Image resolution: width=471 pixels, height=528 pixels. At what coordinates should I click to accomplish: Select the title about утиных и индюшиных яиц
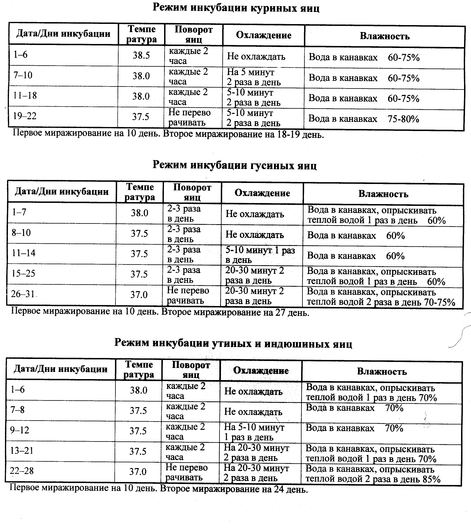pos(233,343)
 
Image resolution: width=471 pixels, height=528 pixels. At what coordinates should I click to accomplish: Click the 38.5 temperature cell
pos(141,55)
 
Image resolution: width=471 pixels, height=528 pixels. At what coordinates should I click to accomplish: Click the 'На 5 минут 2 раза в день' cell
pos(254,77)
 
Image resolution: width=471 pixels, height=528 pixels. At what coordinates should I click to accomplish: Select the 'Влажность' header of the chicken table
pos(384,36)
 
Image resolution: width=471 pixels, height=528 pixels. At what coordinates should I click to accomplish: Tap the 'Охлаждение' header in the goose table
pos(262,193)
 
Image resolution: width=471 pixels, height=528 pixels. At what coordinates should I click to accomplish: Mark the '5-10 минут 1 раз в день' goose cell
pos(260,255)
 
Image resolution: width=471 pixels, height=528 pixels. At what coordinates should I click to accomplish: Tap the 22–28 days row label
pos(22,470)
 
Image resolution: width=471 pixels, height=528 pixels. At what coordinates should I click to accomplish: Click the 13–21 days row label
pos(22,450)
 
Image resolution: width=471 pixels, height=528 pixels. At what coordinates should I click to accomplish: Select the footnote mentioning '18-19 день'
pos(168,134)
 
